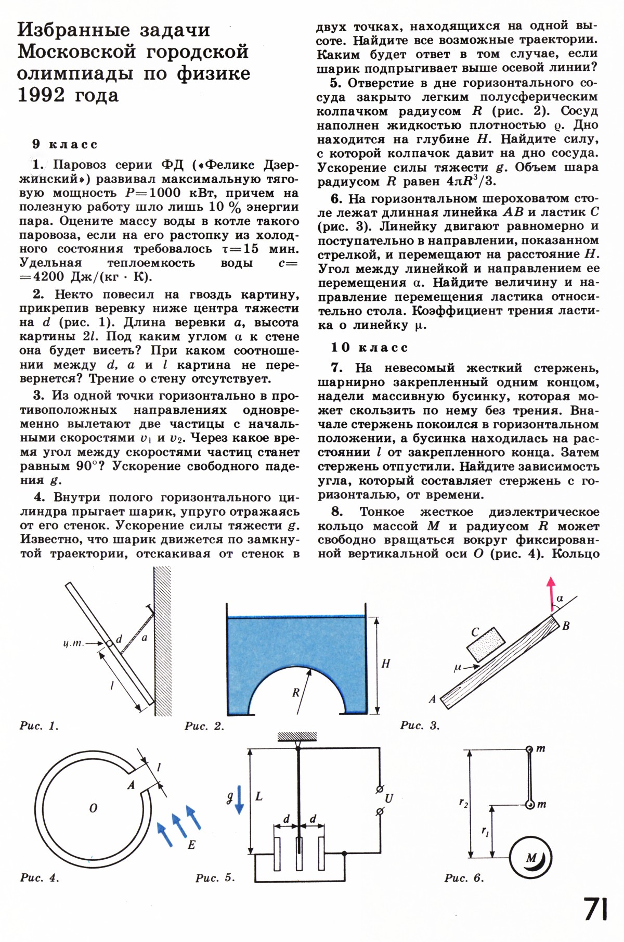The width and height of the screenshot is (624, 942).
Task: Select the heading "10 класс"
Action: [x=370, y=347]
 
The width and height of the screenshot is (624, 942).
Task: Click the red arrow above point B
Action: [x=551, y=593]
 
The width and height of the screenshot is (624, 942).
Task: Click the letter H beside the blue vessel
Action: [x=385, y=664]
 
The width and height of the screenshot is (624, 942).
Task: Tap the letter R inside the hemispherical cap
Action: [x=296, y=692]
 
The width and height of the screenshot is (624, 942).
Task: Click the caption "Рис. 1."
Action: [x=40, y=725]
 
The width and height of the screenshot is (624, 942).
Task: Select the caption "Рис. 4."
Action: [x=40, y=877]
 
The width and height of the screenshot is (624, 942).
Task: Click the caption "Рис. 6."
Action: [x=464, y=878]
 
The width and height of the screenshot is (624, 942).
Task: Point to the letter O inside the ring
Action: [x=93, y=808]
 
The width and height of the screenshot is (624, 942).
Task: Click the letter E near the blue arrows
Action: [x=191, y=845]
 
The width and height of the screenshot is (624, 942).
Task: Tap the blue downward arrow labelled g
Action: [x=239, y=799]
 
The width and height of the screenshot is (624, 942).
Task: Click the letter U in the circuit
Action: [x=389, y=798]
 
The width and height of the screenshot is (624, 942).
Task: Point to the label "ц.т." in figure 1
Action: [x=73, y=644]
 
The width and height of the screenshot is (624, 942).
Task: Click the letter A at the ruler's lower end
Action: [x=432, y=699]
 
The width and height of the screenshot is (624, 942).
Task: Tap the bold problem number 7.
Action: [x=336, y=368]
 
